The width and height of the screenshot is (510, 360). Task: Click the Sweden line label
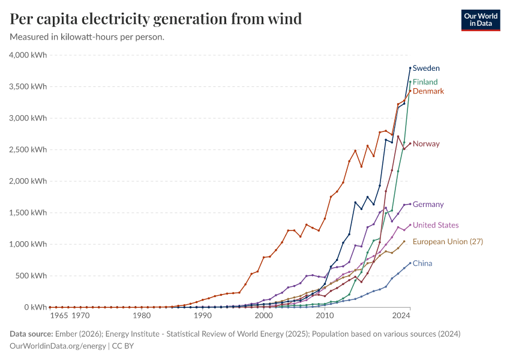426,68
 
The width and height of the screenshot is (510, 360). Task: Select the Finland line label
425,82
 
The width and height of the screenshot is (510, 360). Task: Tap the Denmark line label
428,91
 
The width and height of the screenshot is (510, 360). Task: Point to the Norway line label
426,144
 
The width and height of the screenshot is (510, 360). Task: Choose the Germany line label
428,205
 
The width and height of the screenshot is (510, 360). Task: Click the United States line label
436,226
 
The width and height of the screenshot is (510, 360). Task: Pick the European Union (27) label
448,242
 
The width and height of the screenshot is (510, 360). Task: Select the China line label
422,263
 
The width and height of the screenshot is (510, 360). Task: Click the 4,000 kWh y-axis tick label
28,55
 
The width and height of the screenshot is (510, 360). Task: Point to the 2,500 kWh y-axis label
28,149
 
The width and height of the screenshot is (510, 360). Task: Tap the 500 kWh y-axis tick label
32,275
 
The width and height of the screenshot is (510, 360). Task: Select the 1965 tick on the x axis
59,315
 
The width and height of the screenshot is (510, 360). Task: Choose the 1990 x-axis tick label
203,315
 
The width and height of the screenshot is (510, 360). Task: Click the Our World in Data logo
480,20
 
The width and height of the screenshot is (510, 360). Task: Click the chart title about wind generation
156,19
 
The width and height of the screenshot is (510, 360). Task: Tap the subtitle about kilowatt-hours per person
88,37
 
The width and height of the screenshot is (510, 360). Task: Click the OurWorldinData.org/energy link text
58,346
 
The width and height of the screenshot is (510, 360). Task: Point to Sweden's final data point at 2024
410,68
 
